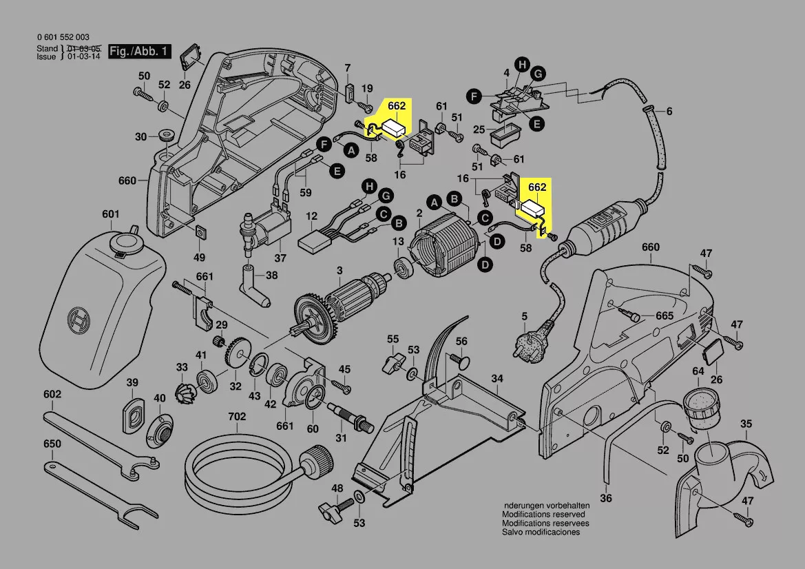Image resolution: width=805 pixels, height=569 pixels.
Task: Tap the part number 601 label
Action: pyautogui.click(x=111, y=214)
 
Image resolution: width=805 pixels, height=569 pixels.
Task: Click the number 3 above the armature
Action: pyautogui.click(x=339, y=271)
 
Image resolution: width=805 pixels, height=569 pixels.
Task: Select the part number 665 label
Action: pyautogui.click(x=665, y=315)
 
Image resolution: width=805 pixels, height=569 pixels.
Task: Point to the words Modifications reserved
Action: pyautogui.click(x=543, y=515)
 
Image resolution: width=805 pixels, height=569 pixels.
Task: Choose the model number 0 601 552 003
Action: pyautogui.click(x=63, y=37)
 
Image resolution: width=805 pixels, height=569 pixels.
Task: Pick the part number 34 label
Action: pyautogui.click(x=497, y=379)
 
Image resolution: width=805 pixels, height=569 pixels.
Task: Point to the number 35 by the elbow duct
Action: pyautogui.click(x=746, y=424)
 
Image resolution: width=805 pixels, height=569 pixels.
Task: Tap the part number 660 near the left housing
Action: pyautogui.click(x=127, y=181)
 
